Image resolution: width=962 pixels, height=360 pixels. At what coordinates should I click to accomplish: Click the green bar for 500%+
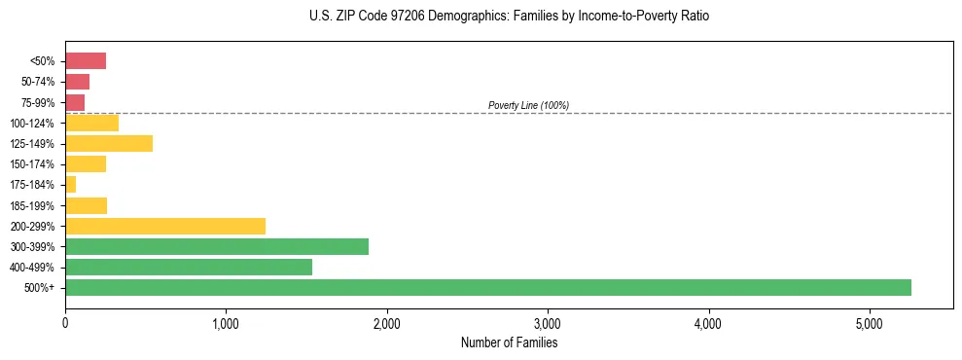point(487,287)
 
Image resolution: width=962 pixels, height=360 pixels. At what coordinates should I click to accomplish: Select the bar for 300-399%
point(217,246)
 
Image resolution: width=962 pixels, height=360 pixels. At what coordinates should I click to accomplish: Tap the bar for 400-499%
point(189,267)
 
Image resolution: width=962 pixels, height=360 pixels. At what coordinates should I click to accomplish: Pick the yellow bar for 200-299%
point(165,226)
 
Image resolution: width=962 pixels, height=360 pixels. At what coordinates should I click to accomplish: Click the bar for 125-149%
point(109,144)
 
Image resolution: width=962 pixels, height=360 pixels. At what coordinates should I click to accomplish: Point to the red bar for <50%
point(86,61)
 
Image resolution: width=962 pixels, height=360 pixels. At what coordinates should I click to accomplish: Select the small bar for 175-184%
point(70,185)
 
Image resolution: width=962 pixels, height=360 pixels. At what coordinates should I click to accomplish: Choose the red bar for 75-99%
point(75,102)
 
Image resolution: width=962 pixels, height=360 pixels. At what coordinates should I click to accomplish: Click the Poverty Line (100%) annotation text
point(528,105)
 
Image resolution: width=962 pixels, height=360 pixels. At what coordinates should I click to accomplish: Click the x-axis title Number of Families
point(510,342)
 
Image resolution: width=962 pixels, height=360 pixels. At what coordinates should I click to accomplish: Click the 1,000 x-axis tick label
point(226,323)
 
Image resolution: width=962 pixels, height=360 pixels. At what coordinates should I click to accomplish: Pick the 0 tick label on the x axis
point(65,323)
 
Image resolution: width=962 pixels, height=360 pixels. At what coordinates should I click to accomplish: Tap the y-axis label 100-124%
point(32,124)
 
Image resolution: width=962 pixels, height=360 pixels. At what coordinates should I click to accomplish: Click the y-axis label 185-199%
point(32,205)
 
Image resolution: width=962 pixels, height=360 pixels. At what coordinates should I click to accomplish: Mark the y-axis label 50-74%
point(36,82)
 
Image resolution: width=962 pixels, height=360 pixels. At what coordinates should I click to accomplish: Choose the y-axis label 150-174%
point(32,164)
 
